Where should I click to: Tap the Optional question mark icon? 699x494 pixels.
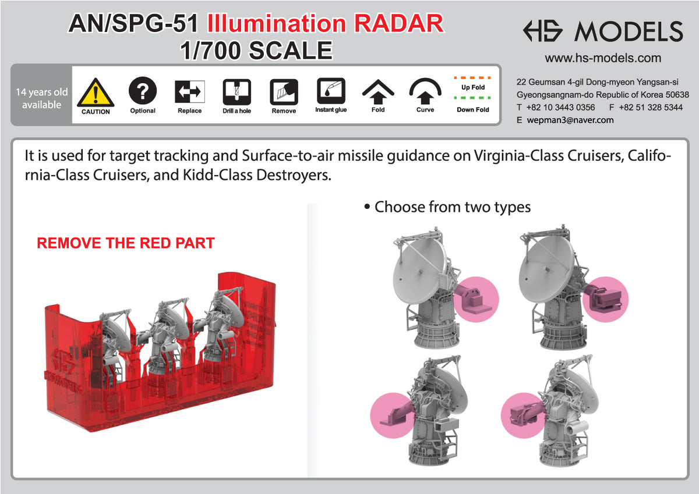click(142, 91)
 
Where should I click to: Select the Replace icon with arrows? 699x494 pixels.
click(189, 91)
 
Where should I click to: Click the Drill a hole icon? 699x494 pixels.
click(236, 91)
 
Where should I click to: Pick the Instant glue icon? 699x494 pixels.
click(331, 91)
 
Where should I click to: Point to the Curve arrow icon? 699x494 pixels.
click(425, 91)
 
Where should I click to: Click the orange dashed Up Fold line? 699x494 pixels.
click(472, 77)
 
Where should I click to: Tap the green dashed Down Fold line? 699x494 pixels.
click(472, 98)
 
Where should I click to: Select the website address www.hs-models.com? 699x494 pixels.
click(603, 58)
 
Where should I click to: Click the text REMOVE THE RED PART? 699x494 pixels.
click(126, 243)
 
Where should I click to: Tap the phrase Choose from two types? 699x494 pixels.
click(452, 207)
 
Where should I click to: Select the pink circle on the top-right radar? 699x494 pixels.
click(606, 298)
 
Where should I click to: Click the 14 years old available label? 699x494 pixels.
click(41, 98)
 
